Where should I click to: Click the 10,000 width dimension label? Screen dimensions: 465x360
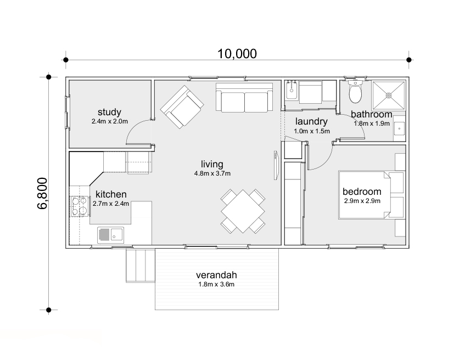(x=237, y=54)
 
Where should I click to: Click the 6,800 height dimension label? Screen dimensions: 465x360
(x=42, y=193)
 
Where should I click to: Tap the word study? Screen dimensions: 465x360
(x=109, y=112)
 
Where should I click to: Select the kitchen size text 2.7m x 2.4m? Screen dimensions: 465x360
(x=110, y=204)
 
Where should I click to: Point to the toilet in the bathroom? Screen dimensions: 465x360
(x=355, y=91)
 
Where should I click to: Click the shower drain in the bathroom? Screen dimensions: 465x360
(x=389, y=95)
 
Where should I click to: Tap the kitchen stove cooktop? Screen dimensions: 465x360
(x=80, y=206)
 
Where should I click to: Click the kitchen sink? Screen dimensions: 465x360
(x=110, y=235)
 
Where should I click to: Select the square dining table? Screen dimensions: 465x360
(x=243, y=211)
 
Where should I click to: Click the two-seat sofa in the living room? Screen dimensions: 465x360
(x=244, y=98)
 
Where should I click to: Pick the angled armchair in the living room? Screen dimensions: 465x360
(x=182, y=107)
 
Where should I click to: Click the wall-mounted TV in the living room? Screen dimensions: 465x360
(x=276, y=165)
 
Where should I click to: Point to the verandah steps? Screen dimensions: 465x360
(x=141, y=266)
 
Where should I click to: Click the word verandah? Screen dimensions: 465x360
(x=216, y=275)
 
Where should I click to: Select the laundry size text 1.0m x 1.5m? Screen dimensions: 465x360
(x=312, y=131)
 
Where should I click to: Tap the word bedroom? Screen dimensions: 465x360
(x=362, y=192)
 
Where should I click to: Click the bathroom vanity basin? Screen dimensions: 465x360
(x=400, y=129)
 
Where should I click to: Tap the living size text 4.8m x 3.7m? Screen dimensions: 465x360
(x=212, y=173)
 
